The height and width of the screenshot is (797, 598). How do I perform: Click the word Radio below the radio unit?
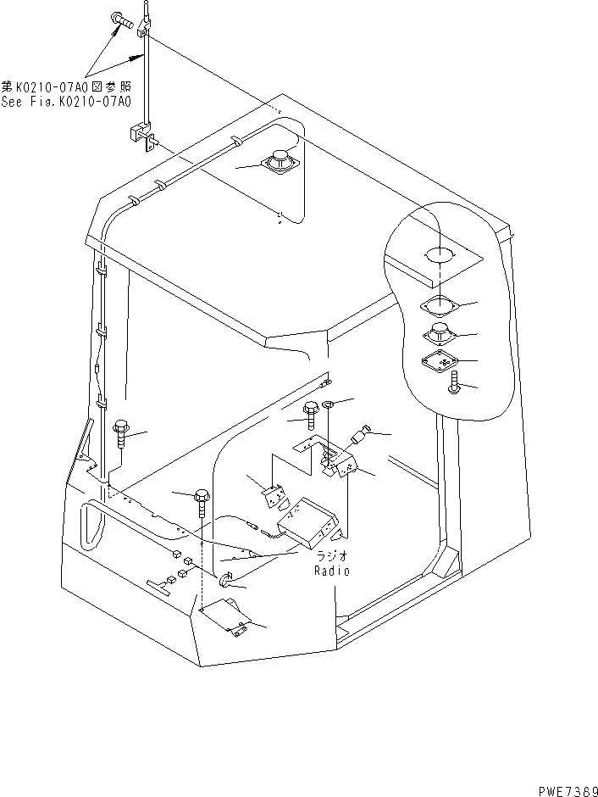330,571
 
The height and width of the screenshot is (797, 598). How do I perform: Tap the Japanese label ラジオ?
330,556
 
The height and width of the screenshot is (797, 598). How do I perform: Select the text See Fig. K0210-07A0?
66,102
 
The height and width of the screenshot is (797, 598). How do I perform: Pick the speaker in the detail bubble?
440,332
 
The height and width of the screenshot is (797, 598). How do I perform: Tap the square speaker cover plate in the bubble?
440,361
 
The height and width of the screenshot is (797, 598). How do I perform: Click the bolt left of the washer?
311,413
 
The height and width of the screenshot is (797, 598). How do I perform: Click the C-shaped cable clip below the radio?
226,581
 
